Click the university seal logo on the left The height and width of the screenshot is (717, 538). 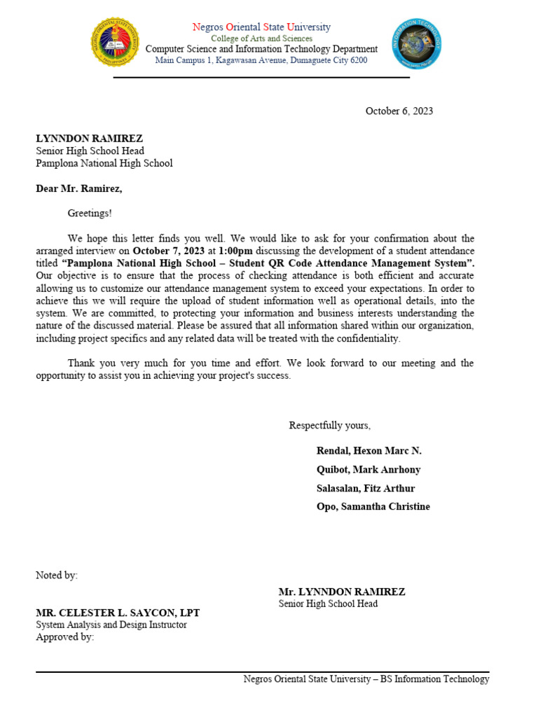pos(116,42)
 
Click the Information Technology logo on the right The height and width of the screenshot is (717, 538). pos(416,43)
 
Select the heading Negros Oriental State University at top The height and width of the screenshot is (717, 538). pos(261,27)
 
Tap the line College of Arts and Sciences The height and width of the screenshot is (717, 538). pos(261,39)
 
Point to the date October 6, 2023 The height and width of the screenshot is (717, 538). pos(399,111)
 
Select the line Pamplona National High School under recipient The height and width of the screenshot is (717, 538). pos(104,163)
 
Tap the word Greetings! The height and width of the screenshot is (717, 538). pos(90,213)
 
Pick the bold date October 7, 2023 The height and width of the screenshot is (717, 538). pos(169,251)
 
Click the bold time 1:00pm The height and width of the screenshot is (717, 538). pos(235,251)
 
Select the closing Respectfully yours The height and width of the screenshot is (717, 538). pos(330,426)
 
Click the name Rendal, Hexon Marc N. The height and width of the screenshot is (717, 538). pos(369,451)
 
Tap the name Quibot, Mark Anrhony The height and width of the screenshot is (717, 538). pos(368,470)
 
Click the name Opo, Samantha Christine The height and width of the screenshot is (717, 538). pos(373,506)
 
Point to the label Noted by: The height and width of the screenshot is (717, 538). pos(57,576)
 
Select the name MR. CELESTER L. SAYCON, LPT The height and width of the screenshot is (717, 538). pos(118,613)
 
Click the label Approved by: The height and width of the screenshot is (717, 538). pos(64,637)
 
